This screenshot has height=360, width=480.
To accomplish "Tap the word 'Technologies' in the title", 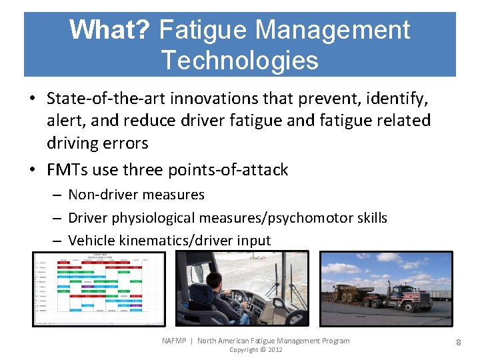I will click(239, 60).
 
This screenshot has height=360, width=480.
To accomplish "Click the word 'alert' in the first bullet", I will click(65, 121).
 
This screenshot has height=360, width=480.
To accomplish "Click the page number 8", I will click(459, 343).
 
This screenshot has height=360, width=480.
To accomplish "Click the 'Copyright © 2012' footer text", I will click(256, 350).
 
